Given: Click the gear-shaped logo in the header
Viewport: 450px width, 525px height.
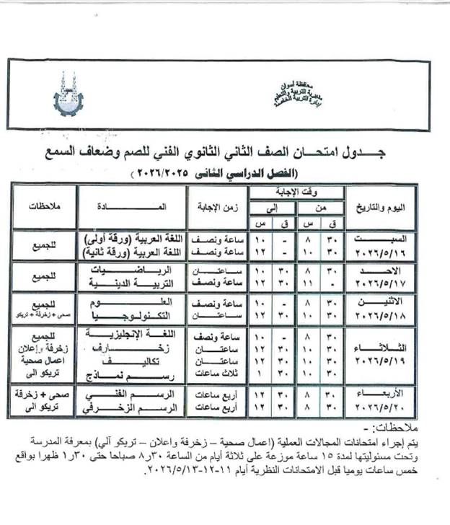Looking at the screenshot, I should coord(68,94).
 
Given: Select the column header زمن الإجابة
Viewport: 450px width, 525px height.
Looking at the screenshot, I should coord(216,206).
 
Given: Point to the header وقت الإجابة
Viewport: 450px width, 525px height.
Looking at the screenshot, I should coord(298,190).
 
